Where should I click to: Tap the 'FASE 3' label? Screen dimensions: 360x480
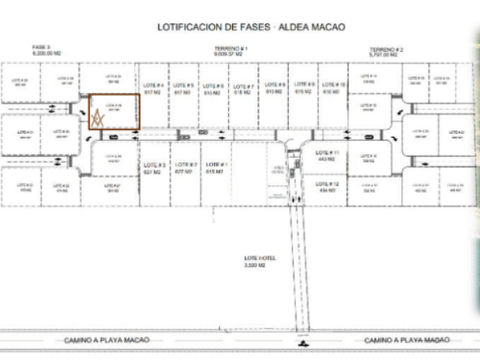click(42, 48)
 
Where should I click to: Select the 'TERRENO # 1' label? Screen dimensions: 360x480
click(231, 48)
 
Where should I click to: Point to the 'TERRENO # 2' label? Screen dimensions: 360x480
click(386, 49)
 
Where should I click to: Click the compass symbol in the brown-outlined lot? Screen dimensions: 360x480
click(98, 118)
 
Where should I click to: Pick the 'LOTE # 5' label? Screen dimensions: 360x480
click(183, 86)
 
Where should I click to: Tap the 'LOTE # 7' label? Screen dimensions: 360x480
click(243, 86)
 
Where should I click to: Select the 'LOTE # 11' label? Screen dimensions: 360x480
click(327, 152)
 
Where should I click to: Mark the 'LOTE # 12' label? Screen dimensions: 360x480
click(327, 183)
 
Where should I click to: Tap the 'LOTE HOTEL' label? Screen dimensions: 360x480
click(260, 258)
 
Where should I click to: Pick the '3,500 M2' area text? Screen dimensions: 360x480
click(260, 263)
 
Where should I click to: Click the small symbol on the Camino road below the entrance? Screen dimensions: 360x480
click(302, 344)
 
